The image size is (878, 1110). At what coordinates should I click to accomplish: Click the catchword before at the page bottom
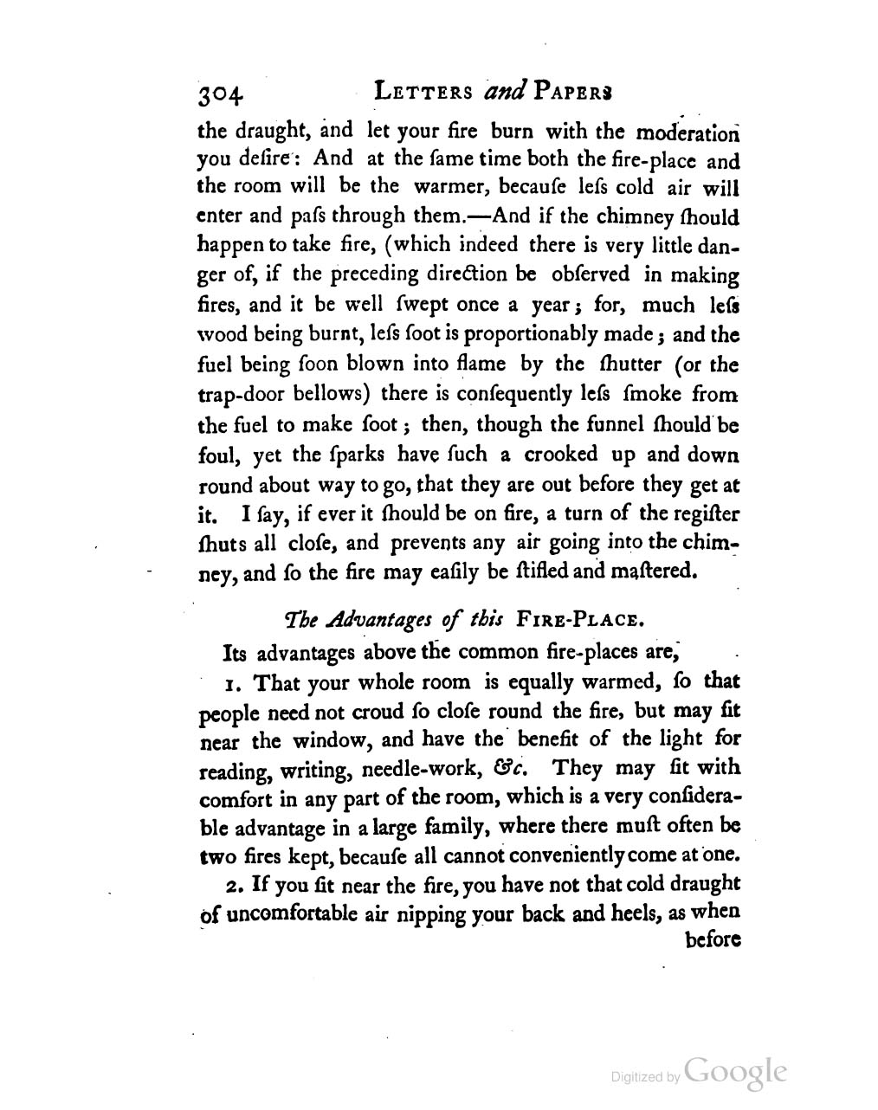pos(712,940)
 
